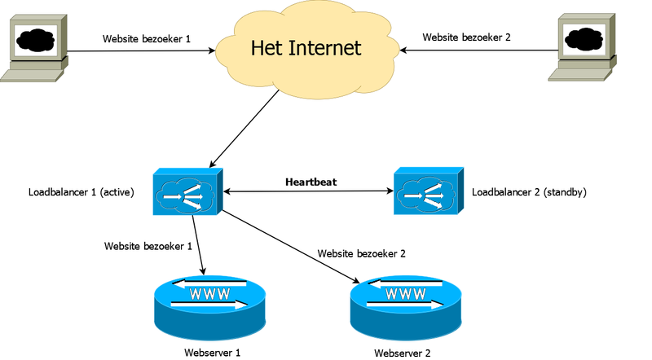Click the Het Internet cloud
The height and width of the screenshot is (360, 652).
coord(306,49)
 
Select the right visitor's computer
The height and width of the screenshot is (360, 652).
coord(582,49)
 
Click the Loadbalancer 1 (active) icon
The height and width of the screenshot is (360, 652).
coord(187,192)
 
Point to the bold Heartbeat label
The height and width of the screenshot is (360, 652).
coord(311,181)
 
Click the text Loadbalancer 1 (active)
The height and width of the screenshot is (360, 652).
coord(81,193)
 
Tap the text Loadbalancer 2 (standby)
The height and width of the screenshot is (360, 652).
coord(529,193)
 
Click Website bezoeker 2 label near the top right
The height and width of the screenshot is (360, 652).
coord(465,37)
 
